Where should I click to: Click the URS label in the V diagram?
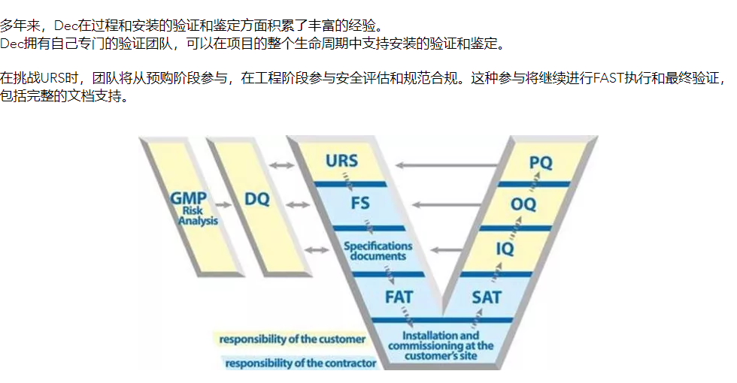(341, 161)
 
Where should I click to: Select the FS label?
(360, 204)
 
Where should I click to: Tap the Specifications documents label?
(378, 251)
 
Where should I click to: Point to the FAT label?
(399, 297)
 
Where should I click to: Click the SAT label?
(487, 297)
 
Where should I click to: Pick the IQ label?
(505, 249)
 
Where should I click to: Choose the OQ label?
(523, 204)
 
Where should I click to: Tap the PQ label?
(541, 162)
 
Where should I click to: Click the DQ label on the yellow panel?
(257, 199)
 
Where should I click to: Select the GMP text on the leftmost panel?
(188, 198)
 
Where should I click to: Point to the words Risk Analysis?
(197, 216)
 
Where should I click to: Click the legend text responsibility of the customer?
(292, 339)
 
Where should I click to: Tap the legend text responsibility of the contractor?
(300, 363)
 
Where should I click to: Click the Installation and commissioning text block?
(441, 346)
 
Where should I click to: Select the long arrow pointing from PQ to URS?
(447, 165)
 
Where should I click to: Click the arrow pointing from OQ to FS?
(447, 204)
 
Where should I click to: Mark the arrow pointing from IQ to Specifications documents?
(447, 250)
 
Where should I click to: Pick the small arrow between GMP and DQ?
(223, 204)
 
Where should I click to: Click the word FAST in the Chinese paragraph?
(609, 78)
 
